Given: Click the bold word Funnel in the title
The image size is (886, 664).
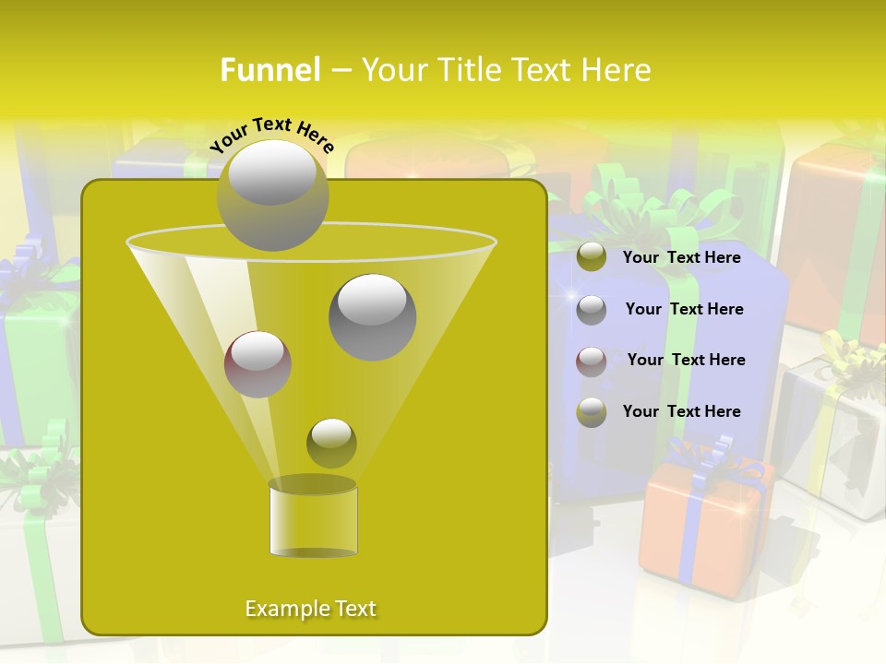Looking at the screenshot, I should [270, 70].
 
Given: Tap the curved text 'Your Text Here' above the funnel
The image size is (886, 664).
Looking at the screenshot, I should [272, 135].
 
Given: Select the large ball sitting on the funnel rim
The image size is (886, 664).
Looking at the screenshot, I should [272, 196].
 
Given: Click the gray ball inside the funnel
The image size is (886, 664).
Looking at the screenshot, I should [373, 317].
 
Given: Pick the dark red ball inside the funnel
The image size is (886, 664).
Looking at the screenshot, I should [257, 364].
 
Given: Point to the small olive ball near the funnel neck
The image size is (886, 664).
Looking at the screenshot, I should [331, 443].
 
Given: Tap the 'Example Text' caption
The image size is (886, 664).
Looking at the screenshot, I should [311, 609].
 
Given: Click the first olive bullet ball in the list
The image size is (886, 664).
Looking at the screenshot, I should [592, 257].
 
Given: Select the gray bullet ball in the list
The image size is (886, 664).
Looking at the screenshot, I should [592, 309].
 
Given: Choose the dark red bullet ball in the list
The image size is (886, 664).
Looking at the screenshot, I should [592, 361].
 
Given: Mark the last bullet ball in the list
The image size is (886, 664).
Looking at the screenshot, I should [592, 412].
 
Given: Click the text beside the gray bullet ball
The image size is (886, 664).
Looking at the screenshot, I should [684, 309].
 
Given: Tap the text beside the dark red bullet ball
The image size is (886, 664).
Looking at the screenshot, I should [686, 360].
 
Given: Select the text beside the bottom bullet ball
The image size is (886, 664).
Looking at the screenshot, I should [681, 411].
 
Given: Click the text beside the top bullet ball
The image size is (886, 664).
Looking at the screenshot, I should [681, 257].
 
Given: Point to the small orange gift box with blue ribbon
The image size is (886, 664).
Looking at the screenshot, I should [703, 526].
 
